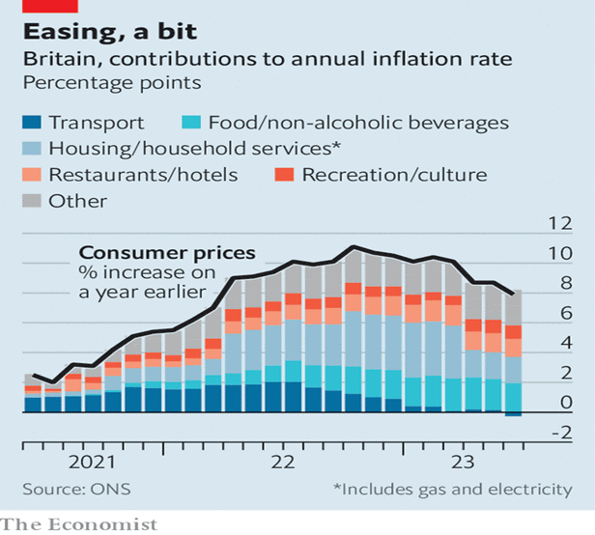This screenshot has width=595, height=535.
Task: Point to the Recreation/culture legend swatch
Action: click(281, 175)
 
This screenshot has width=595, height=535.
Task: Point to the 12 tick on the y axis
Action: click(560, 224)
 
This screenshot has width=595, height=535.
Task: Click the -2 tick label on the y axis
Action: click(559, 434)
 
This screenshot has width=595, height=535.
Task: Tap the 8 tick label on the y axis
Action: click(566, 284)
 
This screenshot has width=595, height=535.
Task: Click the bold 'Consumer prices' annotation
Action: click(168, 253)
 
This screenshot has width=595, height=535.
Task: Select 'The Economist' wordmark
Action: click(79, 524)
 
